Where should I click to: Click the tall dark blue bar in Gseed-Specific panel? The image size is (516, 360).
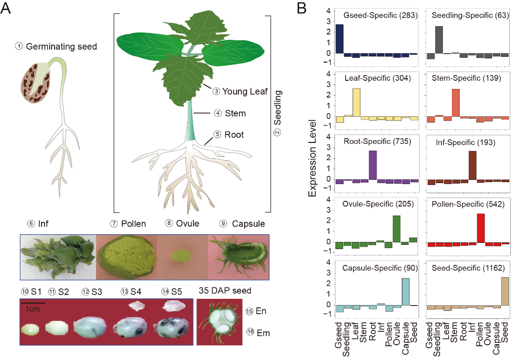pyautogui.click(x=340, y=39)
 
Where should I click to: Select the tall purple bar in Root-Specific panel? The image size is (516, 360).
pyautogui.click(x=373, y=165)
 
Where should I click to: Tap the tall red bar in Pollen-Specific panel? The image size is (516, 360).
pyautogui.click(x=481, y=228)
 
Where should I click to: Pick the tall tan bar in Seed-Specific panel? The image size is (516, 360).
pyautogui.click(x=505, y=291)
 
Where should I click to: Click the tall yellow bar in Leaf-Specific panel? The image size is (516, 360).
pyautogui.click(x=356, y=102)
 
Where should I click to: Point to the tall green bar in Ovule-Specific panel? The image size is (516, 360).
pyautogui.click(x=396, y=229)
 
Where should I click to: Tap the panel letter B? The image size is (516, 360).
pyautogui.click(x=302, y=8)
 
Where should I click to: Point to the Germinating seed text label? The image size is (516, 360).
pyautogui.click(x=61, y=46)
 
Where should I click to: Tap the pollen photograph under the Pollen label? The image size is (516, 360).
pyautogui.click(x=127, y=257)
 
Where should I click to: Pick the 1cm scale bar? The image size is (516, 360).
pyautogui.click(x=32, y=303)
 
